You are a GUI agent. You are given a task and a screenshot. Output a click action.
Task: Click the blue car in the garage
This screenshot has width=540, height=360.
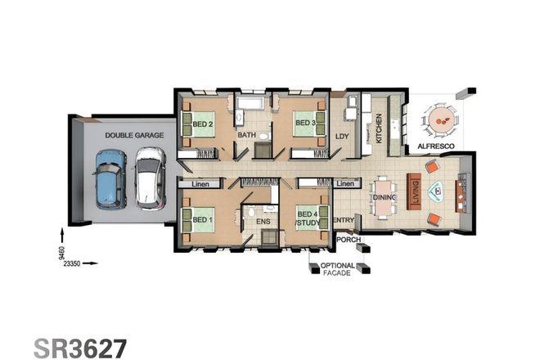109,178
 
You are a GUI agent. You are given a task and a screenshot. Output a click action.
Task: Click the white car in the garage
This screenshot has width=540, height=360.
149,178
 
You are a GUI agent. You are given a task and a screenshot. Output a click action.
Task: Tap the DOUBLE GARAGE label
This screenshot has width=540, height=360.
133,135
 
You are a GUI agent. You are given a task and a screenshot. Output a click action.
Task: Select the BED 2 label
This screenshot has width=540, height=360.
203,124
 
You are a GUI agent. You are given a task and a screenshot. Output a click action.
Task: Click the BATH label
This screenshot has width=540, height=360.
247,135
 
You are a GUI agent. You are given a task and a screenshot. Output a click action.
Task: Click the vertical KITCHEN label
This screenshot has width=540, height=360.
378,128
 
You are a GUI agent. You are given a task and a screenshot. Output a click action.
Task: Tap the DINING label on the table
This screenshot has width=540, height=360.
385,197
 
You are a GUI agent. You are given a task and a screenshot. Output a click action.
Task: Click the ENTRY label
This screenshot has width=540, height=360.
344,219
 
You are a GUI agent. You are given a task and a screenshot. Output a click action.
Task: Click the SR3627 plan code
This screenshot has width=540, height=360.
79,347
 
